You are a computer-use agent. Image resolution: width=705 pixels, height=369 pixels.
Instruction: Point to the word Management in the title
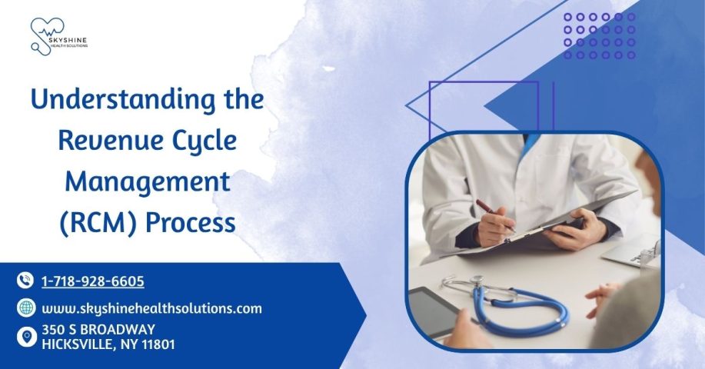(148, 182)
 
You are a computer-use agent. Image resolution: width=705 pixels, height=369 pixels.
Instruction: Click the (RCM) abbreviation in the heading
(98, 223)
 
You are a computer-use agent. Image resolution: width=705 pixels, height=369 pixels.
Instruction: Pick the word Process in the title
(191, 223)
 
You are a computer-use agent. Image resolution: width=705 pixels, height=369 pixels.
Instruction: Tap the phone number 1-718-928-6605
(93, 281)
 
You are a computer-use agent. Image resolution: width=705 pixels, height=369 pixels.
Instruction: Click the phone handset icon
(25, 280)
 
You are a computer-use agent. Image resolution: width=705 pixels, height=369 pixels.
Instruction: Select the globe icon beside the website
(26, 307)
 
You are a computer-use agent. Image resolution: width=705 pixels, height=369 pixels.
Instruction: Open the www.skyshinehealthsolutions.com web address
(152, 309)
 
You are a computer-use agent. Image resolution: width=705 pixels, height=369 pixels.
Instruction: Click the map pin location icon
(27, 337)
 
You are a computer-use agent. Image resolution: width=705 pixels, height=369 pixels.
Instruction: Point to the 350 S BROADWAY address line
(98, 330)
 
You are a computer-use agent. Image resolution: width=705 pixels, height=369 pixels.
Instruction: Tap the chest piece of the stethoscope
(477, 281)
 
